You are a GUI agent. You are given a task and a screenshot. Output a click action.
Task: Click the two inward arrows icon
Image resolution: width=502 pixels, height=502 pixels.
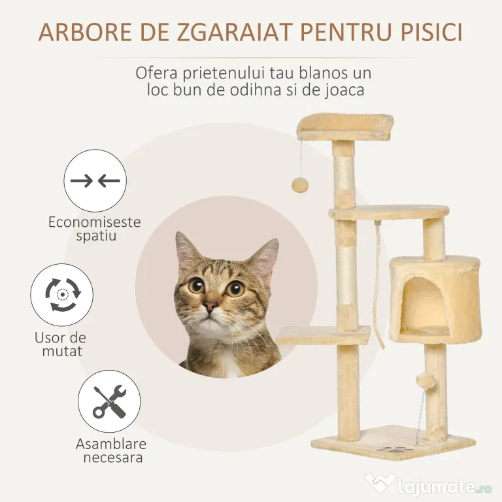coord(95,181)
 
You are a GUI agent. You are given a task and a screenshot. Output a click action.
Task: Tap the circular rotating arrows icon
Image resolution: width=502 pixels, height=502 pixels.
coord(63,295)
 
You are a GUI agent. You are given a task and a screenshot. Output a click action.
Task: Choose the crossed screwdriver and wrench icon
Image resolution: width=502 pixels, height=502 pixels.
coord(109,402)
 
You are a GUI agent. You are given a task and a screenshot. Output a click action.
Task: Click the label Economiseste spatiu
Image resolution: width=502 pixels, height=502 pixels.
coord(95,229)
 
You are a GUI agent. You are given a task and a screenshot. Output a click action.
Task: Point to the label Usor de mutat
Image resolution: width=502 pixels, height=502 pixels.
coord(61,344)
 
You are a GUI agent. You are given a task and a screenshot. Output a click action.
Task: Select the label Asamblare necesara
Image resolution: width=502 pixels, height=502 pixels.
coord(111,450)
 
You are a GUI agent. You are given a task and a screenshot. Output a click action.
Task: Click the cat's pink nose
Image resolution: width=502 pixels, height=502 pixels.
coord(210,307)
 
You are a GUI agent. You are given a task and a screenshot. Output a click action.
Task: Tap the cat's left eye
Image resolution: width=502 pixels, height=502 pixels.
coord(197,286)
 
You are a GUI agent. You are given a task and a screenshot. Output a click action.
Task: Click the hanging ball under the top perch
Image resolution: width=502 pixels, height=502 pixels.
coord(300,185)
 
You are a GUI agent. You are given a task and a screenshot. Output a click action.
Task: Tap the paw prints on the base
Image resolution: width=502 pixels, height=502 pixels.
coord(390,448)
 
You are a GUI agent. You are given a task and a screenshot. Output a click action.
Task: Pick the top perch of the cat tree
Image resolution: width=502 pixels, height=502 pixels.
coord(345,127)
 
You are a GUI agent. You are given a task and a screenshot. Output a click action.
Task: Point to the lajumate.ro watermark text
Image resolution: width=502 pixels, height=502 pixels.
coord(444,487)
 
